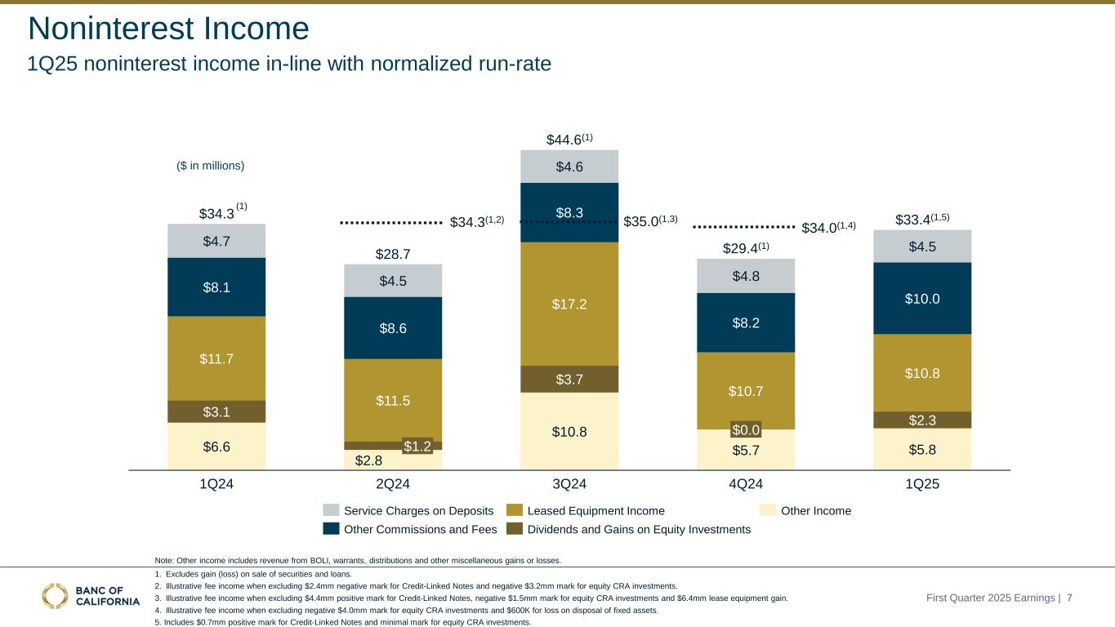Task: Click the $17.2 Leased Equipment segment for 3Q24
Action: (569, 304)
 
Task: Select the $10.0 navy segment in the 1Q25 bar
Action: (922, 298)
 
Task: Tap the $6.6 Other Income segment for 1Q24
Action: (216, 446)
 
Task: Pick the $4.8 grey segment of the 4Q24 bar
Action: (746, 276)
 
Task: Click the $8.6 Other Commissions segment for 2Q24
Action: (393, 328)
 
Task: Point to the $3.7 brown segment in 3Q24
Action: (569, 379)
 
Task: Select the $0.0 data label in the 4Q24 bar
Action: (746, 429)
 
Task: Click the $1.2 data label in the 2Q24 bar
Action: (417, 446)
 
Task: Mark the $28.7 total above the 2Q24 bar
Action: (392, 255)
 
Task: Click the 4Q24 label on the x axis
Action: (746, 483)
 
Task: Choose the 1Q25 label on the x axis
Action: (922, 483)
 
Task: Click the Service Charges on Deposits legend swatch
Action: (331, 510)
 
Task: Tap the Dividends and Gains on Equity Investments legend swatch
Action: (515, 530)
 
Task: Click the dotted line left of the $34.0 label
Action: (743, 226)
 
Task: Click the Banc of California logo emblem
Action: (56, 597)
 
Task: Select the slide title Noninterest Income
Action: (168, 29)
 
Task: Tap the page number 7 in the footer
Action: (1069, 598)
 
